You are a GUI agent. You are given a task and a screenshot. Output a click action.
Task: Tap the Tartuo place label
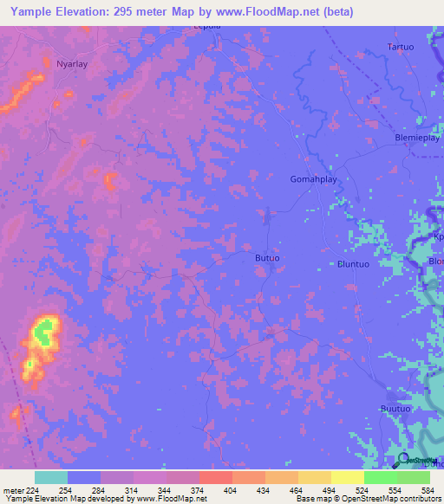click(x=401, y=46)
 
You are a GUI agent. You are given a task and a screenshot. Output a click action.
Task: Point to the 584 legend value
click(x=421, y=490)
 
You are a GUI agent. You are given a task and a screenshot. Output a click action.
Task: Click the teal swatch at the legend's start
click(x=50, y=477)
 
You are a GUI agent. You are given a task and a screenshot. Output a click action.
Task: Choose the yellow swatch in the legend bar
click(x=347, y=477)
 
